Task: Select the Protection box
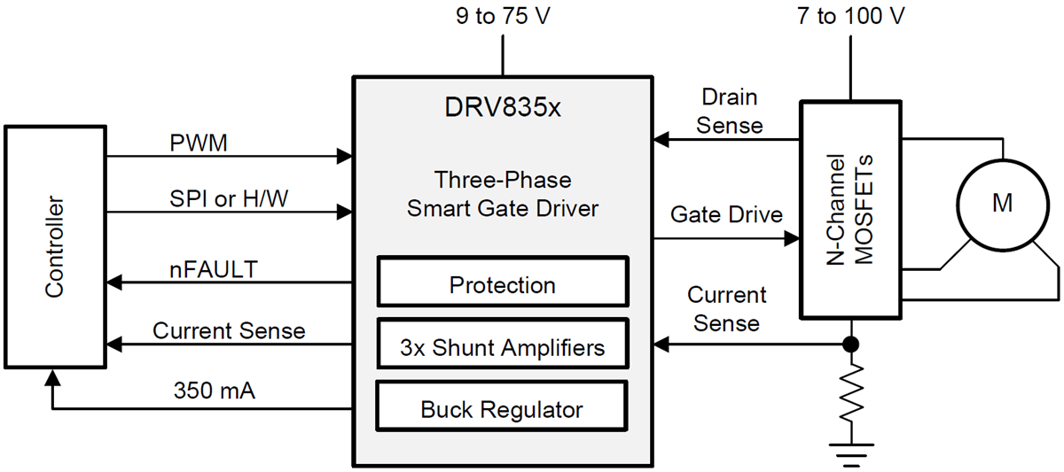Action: click(503, 285)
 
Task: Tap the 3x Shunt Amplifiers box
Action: click(503, 347)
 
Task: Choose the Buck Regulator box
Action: click(503, 410)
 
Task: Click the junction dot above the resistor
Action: click(851, 344)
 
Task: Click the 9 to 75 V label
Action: click(503, 17)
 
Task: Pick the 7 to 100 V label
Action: click(850, 17)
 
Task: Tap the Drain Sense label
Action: click(729, 111)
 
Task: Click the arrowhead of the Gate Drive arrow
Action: click(792, 238)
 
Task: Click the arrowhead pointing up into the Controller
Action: click(53, 377)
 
